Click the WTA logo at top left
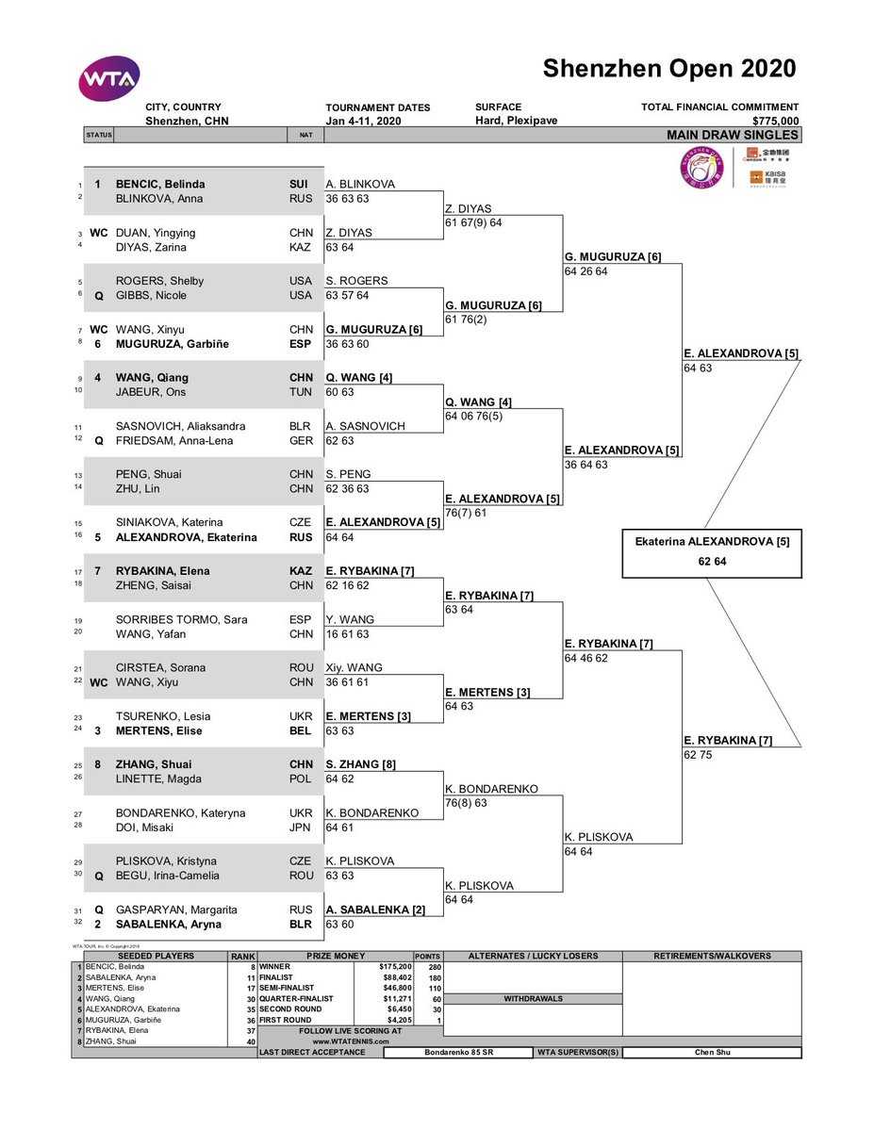pyautogui.click(x=109, y=78)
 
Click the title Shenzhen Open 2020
pyautogui.click(x=668, y=69)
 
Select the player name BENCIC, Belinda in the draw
pyautogui.click(x=159, y=185)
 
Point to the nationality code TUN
pyautogui.click(x=302, y=392)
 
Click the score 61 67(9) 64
pyautogui.click(x=474, y=223)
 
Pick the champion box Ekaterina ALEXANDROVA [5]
pyautogui.click(x=712, y=541)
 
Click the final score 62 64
pyautogui.click(x=712, y=561)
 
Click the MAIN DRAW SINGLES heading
pyautogui.click(x=733, y=135)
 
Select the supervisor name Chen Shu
pyautogui.click(x=712, y=1053)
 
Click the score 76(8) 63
pyautogui.click(x=466, y=804)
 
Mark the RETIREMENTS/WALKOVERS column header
pyautogui.click(x=712, y=956)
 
